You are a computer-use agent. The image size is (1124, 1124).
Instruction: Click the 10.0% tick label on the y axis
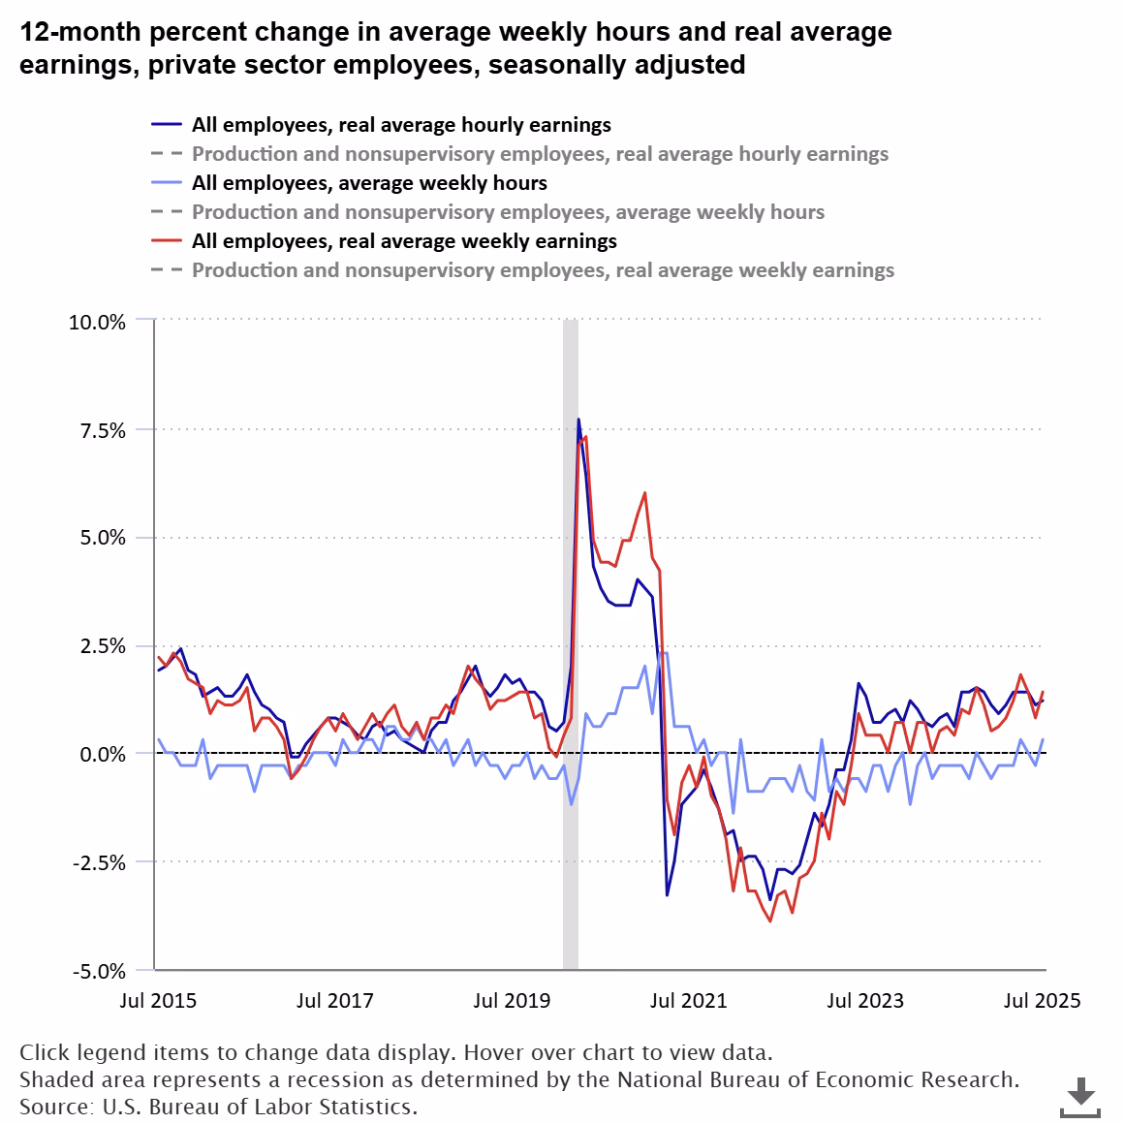coord(97,323)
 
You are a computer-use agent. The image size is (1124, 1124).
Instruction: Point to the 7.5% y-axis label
coord(102,430)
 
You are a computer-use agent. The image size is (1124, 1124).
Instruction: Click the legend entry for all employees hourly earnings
coord(401,125)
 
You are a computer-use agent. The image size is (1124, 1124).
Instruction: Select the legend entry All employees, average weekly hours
coord(369,183)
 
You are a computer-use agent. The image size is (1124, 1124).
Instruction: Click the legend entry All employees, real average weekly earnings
coord(404,241)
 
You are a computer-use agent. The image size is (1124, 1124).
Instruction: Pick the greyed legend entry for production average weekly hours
coord(508,212)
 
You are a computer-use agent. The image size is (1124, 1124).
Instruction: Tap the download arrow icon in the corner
coord(1080,1096)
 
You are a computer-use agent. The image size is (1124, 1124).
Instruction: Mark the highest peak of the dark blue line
coord(578,420)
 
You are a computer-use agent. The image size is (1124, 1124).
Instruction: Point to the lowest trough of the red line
coord(770,921)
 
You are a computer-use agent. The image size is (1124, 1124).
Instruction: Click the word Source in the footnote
coord(49,1106)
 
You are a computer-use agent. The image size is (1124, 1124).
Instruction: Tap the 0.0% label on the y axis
coord(102,755)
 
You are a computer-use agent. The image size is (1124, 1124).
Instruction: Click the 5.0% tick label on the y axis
coord(102,539)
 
